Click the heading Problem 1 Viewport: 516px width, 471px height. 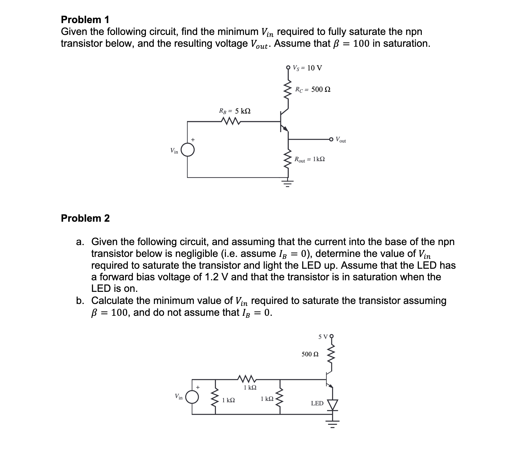[x=85, y=20]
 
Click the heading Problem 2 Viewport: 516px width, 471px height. [x=85, y=218]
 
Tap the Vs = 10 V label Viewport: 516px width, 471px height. [x=307, y=68]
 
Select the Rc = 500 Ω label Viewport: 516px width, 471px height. [x=313, y=90]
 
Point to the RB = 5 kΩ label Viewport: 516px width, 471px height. [x=235, y=111]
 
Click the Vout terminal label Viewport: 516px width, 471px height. [x=341, y=140]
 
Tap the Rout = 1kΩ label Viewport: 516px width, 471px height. [x=309, y=159]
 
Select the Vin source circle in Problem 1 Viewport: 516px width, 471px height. [x=188, y=150]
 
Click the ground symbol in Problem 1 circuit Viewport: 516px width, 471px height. [x=288, y=183]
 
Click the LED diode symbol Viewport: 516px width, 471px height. [x=333, y=405]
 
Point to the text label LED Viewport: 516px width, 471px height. [x=317, y=403]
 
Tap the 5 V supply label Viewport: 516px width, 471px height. [x=323, y=337]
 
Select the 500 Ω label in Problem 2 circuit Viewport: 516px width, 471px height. [x=310, y=354]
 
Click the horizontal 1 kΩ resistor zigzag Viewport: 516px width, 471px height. [x=247, y=377]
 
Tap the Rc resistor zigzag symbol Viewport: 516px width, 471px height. [x=288, y=90]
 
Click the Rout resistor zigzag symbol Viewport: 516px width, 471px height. [x=288, y=159]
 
